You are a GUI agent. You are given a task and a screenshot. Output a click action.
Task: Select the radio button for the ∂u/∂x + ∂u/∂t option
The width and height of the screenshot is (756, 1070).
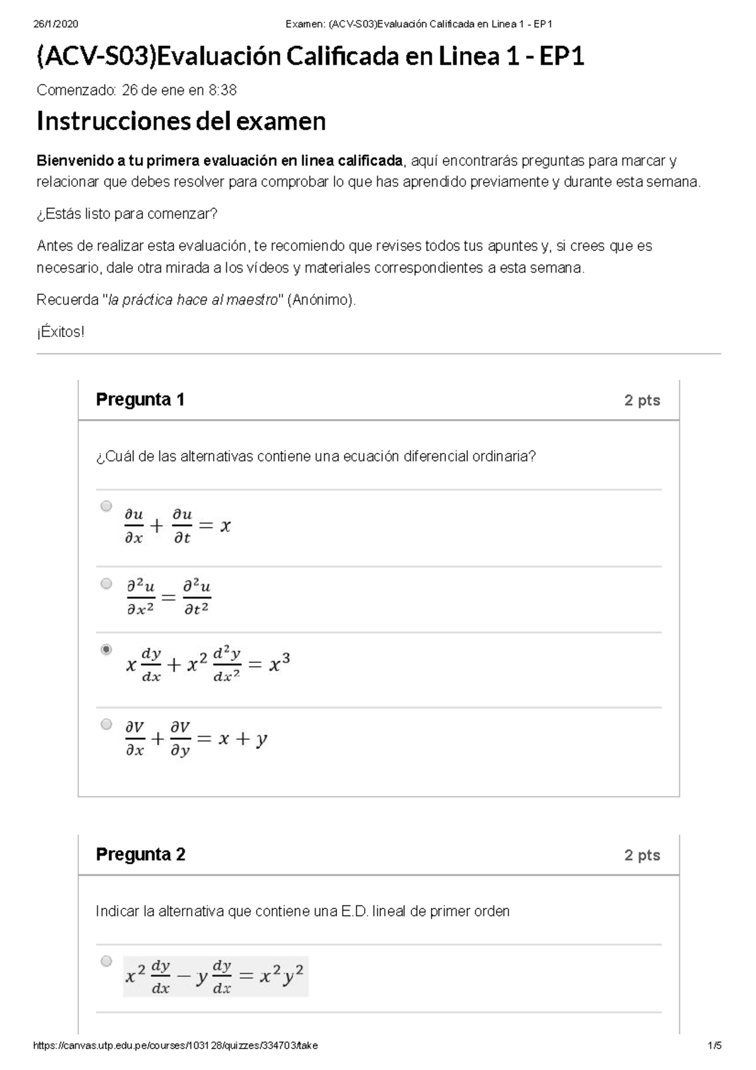[x=106, y=506]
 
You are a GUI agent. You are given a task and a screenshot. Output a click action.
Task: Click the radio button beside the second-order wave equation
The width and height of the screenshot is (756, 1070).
[x=106, y=584]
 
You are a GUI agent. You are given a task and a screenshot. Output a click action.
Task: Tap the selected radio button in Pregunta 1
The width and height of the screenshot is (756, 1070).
[x=106, y=649]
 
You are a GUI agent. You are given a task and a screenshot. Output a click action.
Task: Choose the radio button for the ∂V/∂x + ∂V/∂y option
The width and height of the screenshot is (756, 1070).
[x=106, y=724]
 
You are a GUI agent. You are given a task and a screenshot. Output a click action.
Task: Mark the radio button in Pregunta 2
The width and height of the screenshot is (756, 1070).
[x=106, y=961]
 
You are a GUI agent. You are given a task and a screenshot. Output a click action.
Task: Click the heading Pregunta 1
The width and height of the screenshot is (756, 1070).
[x=140, y=400]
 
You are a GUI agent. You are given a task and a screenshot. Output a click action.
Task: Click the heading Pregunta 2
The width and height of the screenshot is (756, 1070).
[x=140, y=854]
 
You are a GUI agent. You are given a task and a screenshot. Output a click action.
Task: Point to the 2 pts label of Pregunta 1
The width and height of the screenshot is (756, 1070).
[x=642, y=400]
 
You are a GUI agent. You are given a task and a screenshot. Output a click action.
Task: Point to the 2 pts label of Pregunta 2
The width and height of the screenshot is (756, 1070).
[x=642, y=855]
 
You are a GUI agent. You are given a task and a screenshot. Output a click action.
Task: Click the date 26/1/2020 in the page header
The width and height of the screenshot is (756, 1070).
[x=55, y=24]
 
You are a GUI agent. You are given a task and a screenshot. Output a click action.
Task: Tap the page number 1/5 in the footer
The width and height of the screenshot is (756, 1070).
[x=714, y=1045]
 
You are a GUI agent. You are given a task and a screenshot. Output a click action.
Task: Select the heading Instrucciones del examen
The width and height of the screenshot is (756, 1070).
[x=181, y=121]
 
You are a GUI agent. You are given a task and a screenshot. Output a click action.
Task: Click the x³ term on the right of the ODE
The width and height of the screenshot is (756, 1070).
[x=279, y=664]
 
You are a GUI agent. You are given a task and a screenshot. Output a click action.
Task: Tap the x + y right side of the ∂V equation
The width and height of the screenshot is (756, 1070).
[x=243, y=739]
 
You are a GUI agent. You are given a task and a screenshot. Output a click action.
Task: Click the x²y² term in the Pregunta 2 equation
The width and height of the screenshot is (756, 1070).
[x=282, y=976]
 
